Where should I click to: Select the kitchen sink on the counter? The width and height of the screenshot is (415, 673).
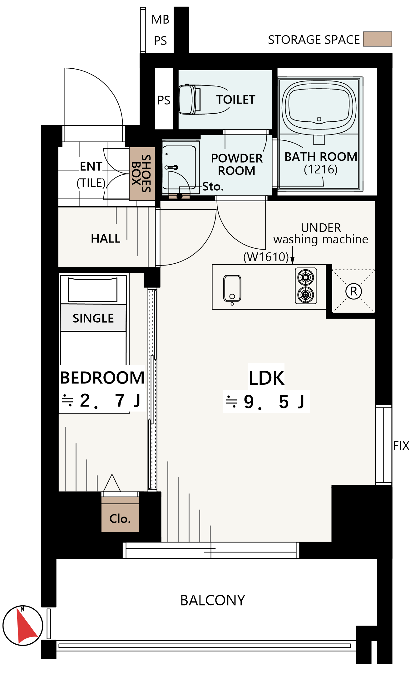pyautogui.click(x=232, y=288)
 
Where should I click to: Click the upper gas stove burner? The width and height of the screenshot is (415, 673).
pyautogui.click(x=306, y=277)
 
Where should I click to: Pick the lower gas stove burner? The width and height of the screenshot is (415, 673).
pyautogui.click(x=306, y=295)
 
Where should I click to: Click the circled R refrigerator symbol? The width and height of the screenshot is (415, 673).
pyautogui.click(x=353, y=291)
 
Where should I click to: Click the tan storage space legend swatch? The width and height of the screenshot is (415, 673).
pyautogui.click(x=377, y=39)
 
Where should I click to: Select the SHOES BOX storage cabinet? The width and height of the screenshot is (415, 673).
pyautogui.click(x=142, y=173)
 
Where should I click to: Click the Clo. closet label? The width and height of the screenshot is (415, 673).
pyautogui.click(x=120, y=519)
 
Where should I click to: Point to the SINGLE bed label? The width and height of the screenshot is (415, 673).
pyautogui.click(x=93, y=318)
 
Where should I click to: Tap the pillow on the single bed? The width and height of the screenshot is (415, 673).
pyautogui.click(x=93, y=290)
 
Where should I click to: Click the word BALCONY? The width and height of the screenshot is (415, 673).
pyautogui.click(x=213, y=600)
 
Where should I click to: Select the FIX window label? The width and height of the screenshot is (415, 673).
pyautogui.click(x=401, y=446)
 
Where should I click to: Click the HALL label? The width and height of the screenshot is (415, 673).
pyautogui.click(x=106, y=238)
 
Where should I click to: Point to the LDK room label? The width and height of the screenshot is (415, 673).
pyautogui.click(x=266, y=378)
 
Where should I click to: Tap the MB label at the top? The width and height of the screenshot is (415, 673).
pyautogui.click(x=160, y=20)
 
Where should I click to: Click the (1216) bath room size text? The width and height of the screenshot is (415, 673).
pyautogui.click(x=321, y=169)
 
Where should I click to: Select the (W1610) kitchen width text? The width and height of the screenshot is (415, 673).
pyautogui.click(x=266, y=257)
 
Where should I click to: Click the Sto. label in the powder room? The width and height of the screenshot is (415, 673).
pyautogui.click(x=213, y=187)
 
